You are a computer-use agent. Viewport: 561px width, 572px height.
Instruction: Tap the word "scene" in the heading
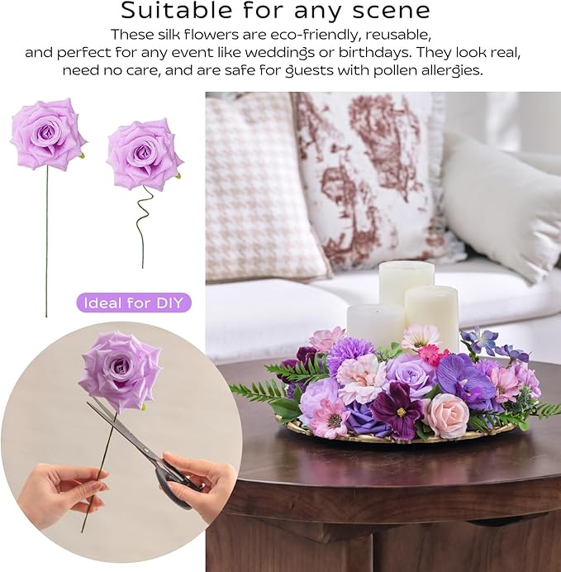(x=391, y=11)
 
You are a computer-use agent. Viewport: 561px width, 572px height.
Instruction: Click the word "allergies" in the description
(x=447, y=70)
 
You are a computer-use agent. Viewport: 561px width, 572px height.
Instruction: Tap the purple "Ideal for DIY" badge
(x=134, y=303)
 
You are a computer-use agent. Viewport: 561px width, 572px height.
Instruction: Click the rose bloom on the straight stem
(x=48, y=133)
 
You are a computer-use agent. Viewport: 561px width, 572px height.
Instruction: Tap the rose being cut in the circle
(x=120, y=369)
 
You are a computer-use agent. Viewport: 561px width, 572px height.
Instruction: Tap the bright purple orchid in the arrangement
(x=466, y=381)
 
